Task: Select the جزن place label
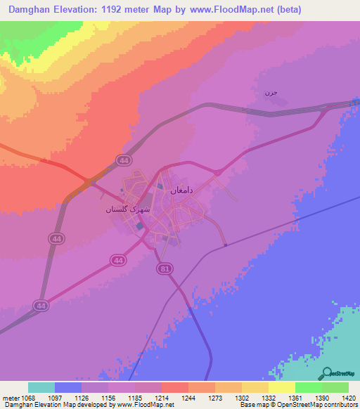271,93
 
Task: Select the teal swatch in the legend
41,387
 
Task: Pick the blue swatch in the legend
68,387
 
